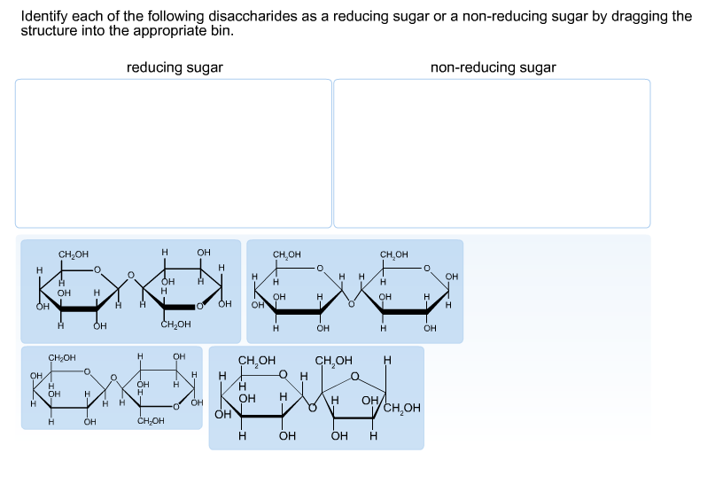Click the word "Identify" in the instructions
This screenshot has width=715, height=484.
(x=43, y=17)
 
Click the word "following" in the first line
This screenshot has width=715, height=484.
(x=152, y=17)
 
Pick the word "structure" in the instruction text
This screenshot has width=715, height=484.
(x=48, y=30)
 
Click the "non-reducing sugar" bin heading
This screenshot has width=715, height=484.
(x=493, y=67)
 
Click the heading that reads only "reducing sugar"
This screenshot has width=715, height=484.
(x=175, y=67)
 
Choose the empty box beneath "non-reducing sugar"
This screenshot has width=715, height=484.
(x=492, y=153)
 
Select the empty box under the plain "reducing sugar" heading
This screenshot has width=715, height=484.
(x=174, y=153)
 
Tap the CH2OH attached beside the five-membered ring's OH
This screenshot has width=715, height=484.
(x=400, y=409)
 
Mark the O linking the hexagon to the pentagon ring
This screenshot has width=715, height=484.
(x=313, y=409)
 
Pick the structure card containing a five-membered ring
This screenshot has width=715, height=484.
(x=316, y=397)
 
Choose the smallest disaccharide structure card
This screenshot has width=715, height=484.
(x=112, y=388)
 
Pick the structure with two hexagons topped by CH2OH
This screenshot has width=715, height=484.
(x=354, y=291)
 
